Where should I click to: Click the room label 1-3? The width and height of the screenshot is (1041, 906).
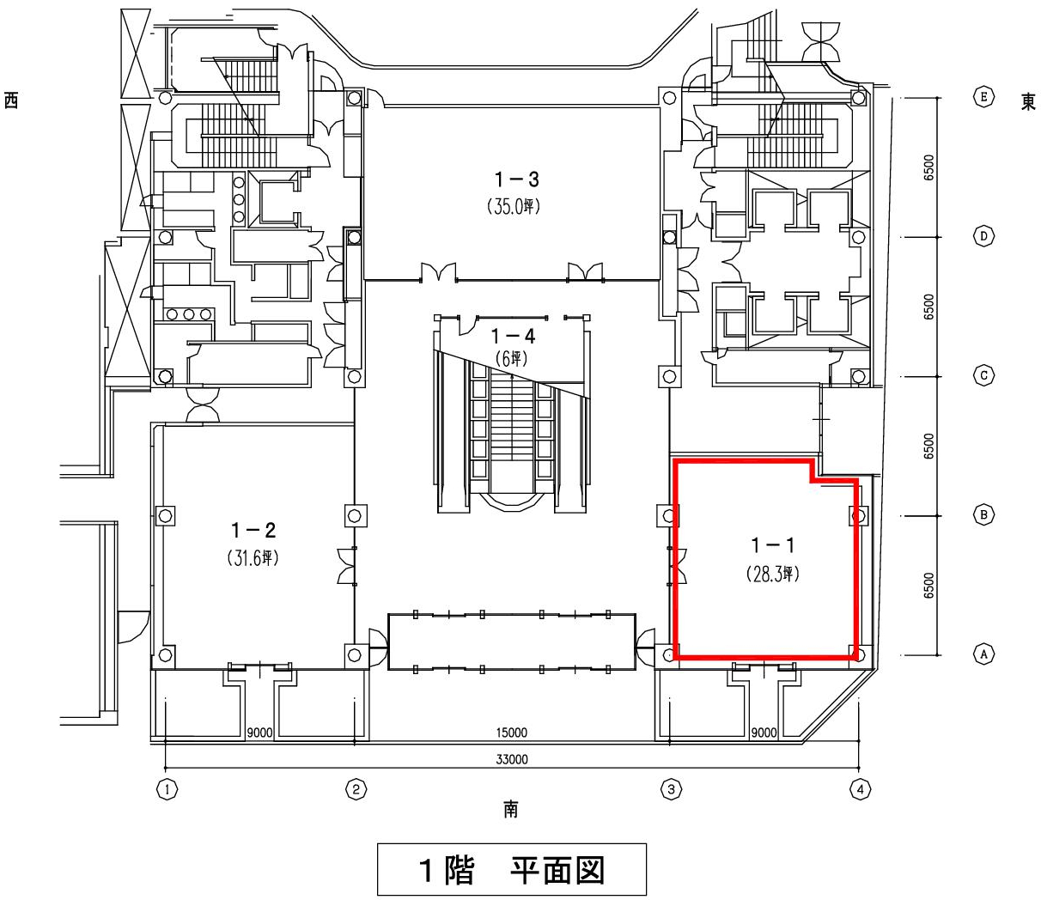[x=516, y=179]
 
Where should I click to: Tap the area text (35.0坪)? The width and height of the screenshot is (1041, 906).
[x=514, y=207]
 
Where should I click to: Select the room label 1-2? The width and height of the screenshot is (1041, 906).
[x=253, y=531]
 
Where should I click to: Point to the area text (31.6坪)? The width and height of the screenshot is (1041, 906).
[x=253, y=558]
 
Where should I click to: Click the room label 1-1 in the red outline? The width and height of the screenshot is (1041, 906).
[x=773, y=546]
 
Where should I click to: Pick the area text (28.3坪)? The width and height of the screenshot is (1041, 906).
[x=773, y=575]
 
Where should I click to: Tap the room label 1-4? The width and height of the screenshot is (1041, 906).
[x=513, y=337]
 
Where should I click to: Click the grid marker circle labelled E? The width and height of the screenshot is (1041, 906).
[x=983, y=97]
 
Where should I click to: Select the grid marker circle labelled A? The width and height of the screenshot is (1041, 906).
[x=983, y=654]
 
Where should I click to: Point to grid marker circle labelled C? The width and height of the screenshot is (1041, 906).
[x=983, y=376]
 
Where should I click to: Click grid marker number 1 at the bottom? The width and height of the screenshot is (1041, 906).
[x=167, y=790]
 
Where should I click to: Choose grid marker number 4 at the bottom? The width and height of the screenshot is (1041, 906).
[x=861, y=790]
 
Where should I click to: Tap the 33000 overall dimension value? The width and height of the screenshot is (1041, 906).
[x=512, y=759]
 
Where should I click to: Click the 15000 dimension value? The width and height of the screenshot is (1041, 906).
[x=512, y=733]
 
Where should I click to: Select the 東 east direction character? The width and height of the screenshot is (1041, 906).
[x=1028, y=102]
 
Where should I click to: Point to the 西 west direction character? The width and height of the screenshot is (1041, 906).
[x=11, y=100]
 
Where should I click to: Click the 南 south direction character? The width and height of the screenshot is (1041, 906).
[x=511, y=809]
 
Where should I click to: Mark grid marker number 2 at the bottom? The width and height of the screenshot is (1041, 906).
[x=356, y=790]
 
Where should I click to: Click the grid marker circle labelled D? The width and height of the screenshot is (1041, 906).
[x=983, y=236]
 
